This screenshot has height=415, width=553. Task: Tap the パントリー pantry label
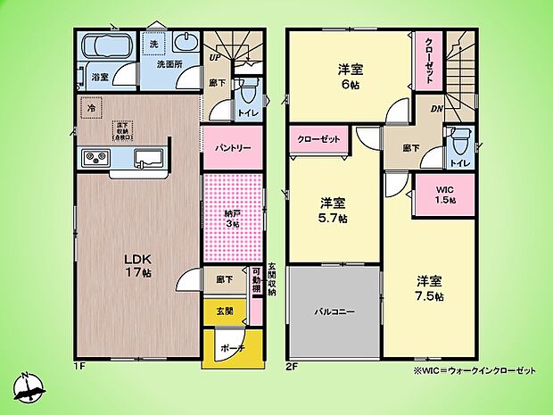point(232,148)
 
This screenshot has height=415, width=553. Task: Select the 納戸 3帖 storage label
point(233,218)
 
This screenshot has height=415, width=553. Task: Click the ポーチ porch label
point(232,347)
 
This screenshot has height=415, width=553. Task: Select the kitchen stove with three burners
point(95,159)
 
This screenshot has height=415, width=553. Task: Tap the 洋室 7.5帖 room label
point(428,287)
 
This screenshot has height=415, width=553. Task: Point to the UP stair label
point(216,58)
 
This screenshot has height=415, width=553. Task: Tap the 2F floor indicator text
point(292,366)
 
